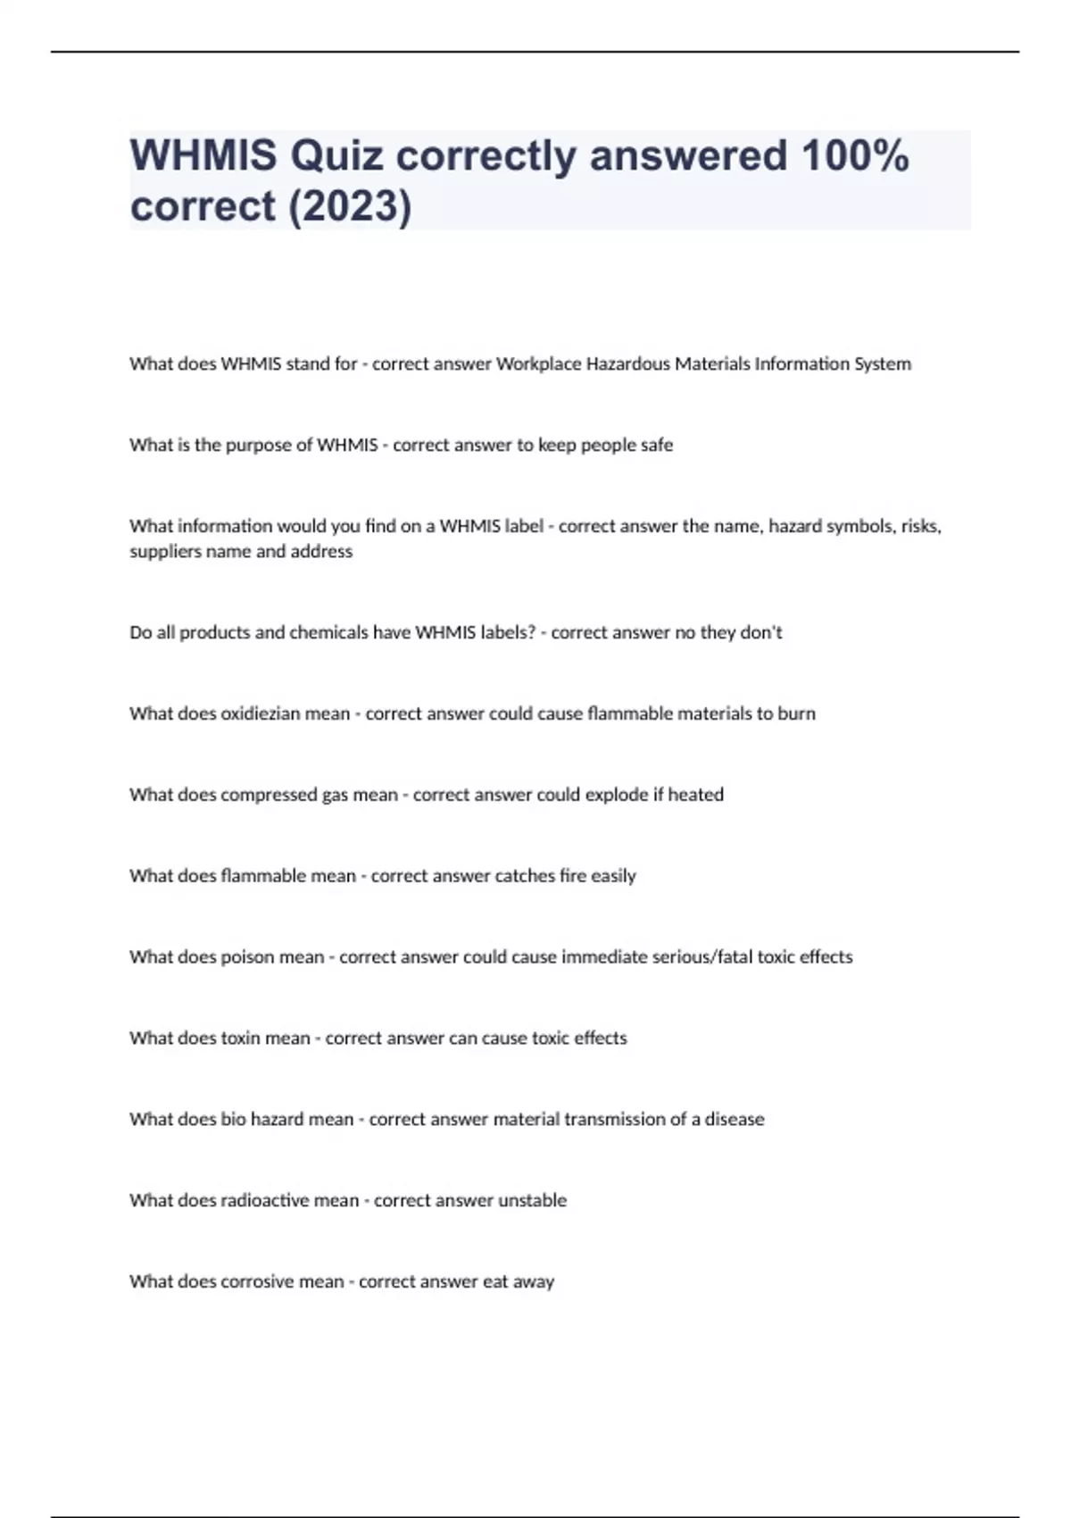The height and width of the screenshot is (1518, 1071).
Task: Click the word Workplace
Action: click(538, 364)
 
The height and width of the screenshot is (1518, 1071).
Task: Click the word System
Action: click(881, 364)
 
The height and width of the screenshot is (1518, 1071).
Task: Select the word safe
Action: click(656, 445)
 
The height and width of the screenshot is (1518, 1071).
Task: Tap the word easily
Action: click(613, 876)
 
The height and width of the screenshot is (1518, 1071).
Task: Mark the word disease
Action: click(735, 1120)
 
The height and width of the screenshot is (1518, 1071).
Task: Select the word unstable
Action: click(532, 1201)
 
